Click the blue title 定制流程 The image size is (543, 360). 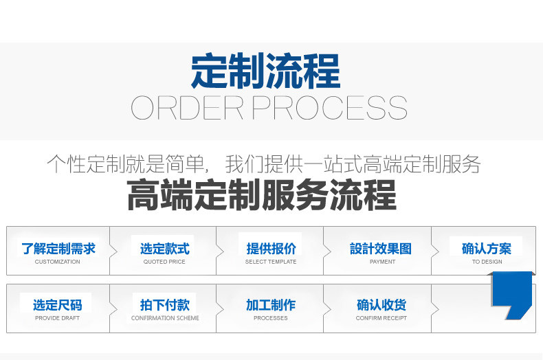265,71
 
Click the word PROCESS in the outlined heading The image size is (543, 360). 330,109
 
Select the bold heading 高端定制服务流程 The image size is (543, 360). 262,195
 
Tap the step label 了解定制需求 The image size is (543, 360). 58,249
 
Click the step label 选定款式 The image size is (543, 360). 164,249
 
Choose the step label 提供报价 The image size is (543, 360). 271,249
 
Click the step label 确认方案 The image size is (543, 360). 487,249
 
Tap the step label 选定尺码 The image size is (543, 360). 58,305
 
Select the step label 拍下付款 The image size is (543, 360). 164,305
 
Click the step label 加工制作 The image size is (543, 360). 271,305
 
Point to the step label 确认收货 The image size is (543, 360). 381,305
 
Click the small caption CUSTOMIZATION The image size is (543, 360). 58,262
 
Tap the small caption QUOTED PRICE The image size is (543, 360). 164,262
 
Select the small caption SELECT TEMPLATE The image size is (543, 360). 271,262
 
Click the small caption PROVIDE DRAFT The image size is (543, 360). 58,318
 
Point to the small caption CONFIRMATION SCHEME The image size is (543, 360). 165,318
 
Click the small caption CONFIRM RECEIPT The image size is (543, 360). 381,318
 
